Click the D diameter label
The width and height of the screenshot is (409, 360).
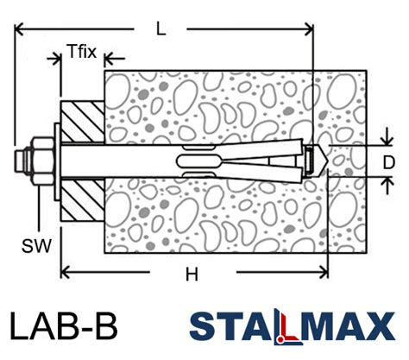(x=389, y=161)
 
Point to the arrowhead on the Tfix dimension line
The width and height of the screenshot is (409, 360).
(x=107, y=60)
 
